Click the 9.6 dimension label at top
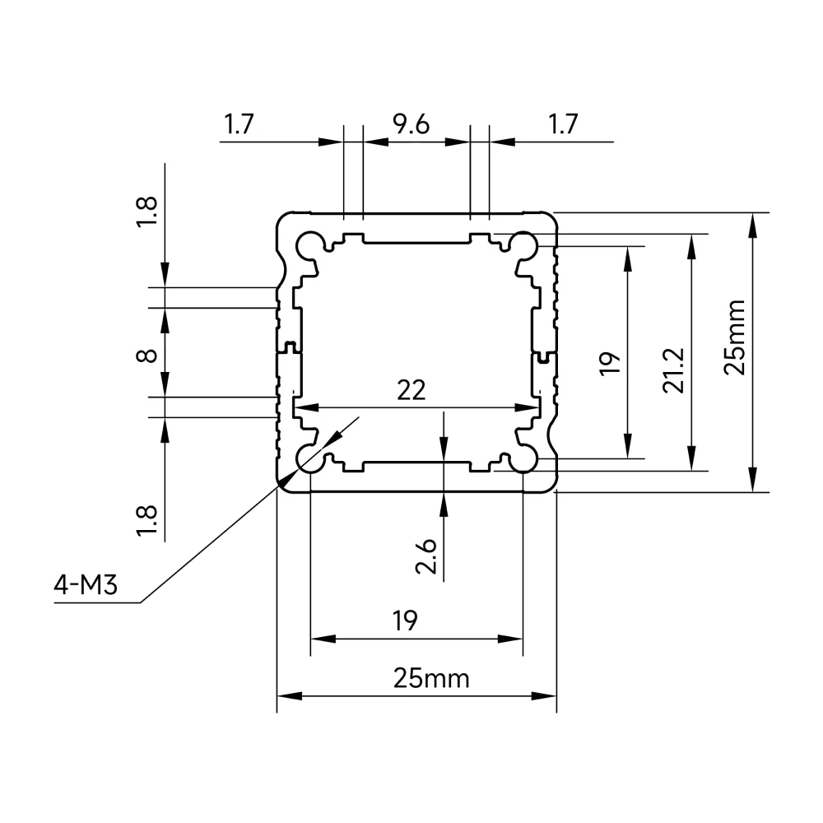click(411, 124)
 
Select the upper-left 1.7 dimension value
click(239, 124)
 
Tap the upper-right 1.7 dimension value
click(563, 124)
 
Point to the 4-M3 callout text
click(85, 584)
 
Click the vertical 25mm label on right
click(734, 337)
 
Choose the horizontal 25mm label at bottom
click(431, 679)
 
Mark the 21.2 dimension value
click(673, 370)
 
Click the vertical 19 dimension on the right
click(609, 363)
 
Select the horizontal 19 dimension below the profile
click(405, 621)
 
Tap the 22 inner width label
click(411, 390)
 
